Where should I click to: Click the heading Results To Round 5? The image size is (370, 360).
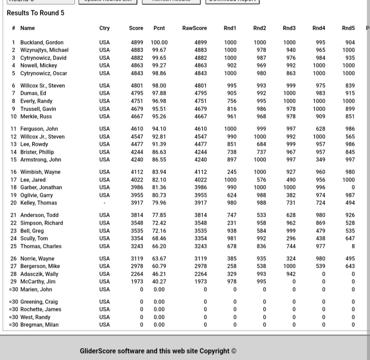point(36,13)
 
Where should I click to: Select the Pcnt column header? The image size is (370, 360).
point(159,28)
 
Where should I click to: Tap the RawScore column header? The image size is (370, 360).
point(195,28)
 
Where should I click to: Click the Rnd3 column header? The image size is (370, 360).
point(289,28)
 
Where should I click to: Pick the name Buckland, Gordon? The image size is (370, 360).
point(42,43)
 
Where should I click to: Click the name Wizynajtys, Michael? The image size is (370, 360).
point(44,50)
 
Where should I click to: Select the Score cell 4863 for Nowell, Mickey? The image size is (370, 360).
point(137,65)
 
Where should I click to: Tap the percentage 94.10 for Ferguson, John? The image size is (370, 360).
point(159,129)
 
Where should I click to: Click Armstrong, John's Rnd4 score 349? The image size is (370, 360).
point(320,160)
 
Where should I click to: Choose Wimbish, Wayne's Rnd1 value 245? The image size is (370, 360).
point(232,172)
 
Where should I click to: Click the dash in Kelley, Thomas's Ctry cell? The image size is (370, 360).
point(104,203)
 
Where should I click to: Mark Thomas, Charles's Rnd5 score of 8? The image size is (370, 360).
point(353,246)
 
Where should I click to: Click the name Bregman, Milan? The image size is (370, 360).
point(39,325)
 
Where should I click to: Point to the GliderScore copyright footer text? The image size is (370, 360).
point(158,351)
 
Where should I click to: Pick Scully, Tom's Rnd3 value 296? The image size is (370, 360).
point(291,239)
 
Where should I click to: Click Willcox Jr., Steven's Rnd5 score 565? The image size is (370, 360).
point(350,137)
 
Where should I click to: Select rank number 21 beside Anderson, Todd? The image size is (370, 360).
point(14,215)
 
